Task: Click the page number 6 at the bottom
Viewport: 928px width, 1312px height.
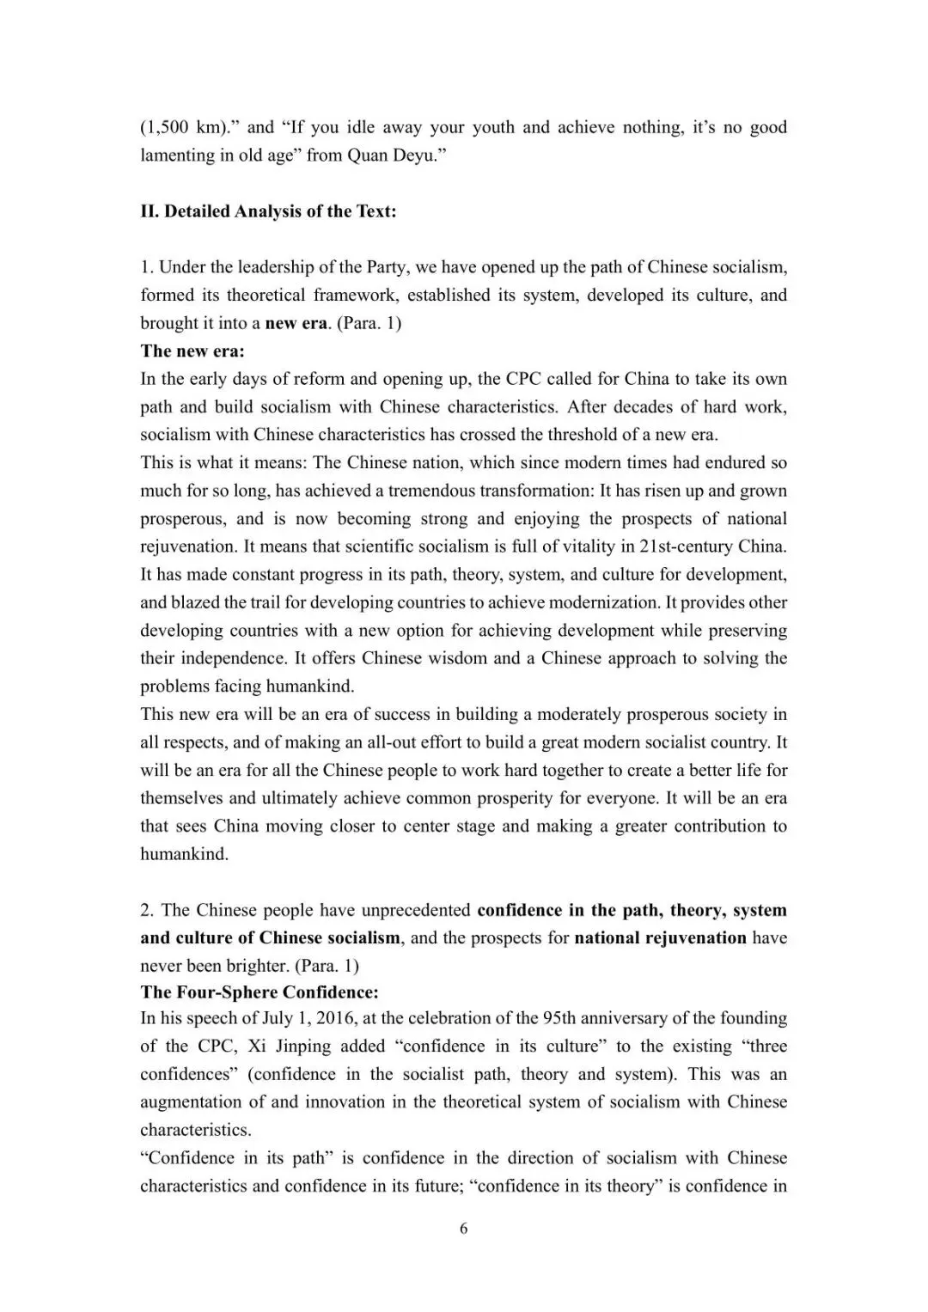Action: pos(464,1229)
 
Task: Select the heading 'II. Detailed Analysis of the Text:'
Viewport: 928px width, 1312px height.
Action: pos(268,211)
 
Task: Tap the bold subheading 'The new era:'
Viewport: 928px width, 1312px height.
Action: pos(192,351)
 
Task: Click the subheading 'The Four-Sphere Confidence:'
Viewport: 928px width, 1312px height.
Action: pos(259,992)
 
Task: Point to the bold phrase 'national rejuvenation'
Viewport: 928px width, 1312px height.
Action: pos(660,937)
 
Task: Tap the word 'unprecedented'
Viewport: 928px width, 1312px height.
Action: pos(415,910)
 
